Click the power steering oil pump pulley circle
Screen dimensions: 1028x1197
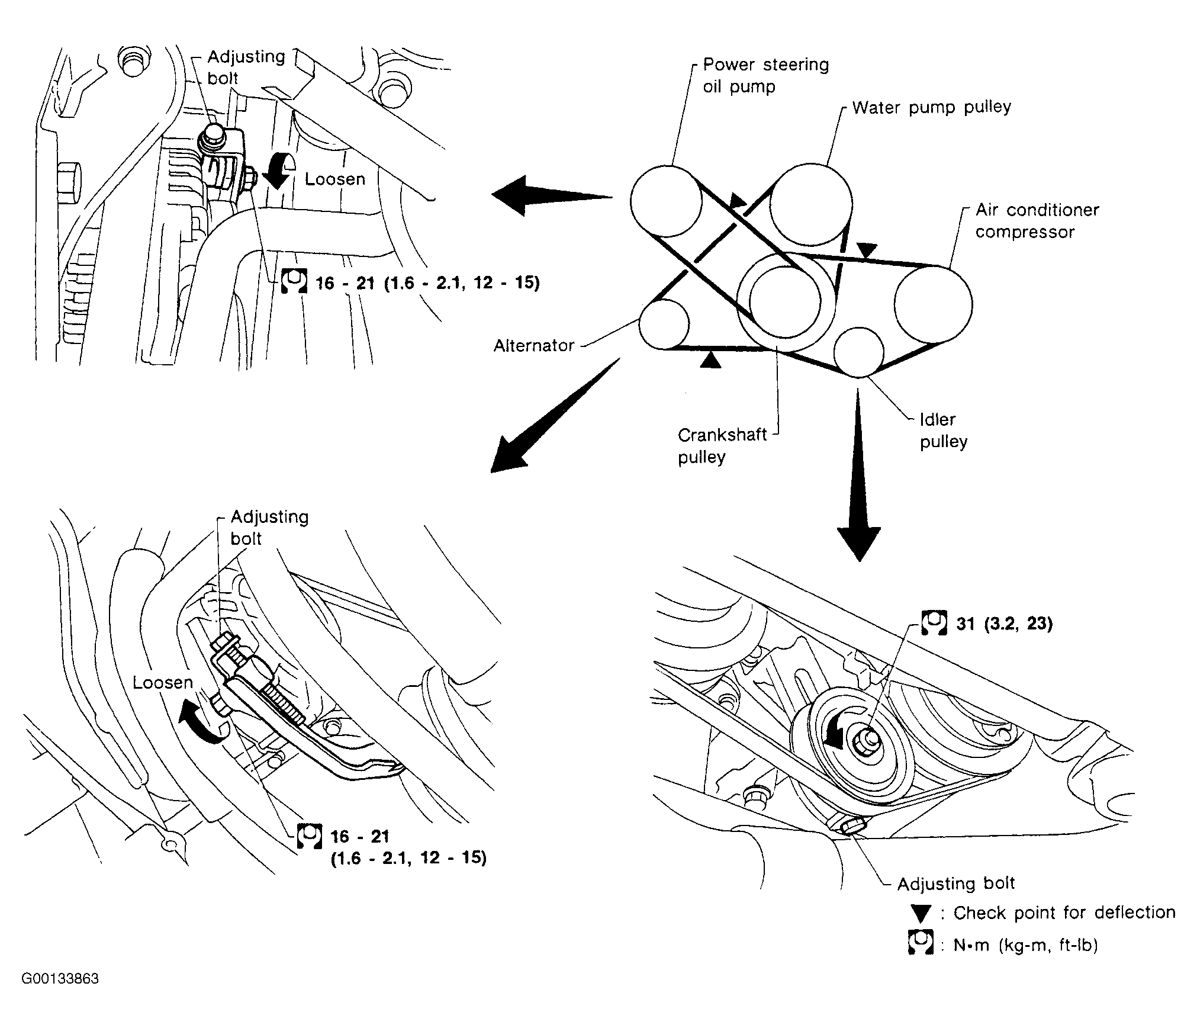[665, 200]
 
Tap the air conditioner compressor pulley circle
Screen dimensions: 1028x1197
[933, 304]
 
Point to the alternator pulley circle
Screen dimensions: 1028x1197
[664, 324]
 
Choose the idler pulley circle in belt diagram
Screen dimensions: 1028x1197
[858, 352]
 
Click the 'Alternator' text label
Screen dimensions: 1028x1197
[534, 345]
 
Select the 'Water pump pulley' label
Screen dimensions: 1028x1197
[931, 107]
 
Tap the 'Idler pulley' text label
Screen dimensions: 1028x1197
[942, 431]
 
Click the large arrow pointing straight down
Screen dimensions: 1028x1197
[858, 474]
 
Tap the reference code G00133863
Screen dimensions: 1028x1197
[60, 979]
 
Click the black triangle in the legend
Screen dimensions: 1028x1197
[921, 914]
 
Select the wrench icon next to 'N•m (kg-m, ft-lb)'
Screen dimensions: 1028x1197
[920, 942]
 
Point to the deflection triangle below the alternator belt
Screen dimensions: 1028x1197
[710, 359]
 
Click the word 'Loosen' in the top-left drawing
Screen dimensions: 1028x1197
[335, 179]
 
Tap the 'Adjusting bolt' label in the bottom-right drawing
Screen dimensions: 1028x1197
[956, 884]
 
